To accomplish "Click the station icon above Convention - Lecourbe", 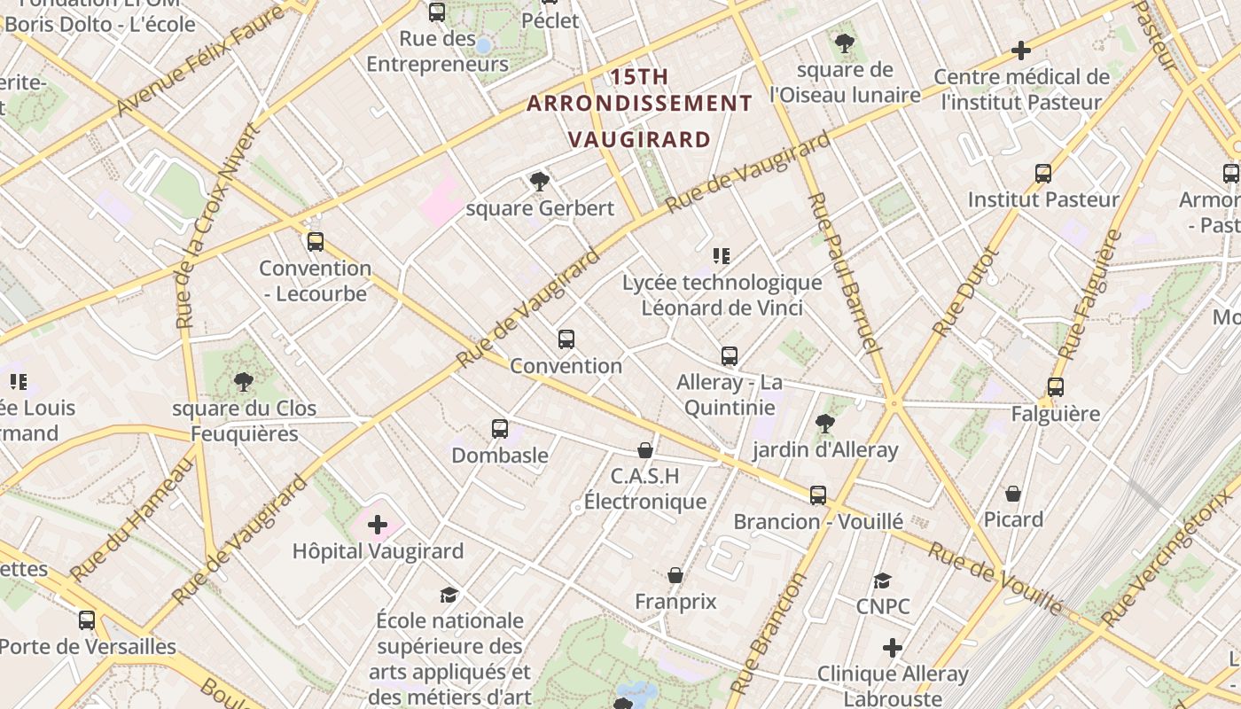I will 315,242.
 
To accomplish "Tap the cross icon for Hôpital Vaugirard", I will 378,525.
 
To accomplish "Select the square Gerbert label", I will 540,209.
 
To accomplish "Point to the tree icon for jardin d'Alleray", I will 825,424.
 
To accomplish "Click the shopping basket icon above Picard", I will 1013,494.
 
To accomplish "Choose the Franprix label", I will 675,602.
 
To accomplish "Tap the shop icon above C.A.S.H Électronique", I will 645,451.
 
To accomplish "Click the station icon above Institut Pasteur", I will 1043,174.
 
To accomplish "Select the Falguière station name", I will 1055,414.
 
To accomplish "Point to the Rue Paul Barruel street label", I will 843,270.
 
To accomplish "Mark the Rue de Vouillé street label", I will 995,579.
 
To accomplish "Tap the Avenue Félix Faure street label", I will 199,60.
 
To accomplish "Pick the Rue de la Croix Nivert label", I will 214,226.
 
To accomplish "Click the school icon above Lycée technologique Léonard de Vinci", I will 722,256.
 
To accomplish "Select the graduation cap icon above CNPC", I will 882,580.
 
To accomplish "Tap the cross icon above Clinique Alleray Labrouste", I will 893,648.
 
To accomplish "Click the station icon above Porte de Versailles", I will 86,620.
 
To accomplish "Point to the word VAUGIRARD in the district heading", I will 639,140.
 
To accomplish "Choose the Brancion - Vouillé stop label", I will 817,521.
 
